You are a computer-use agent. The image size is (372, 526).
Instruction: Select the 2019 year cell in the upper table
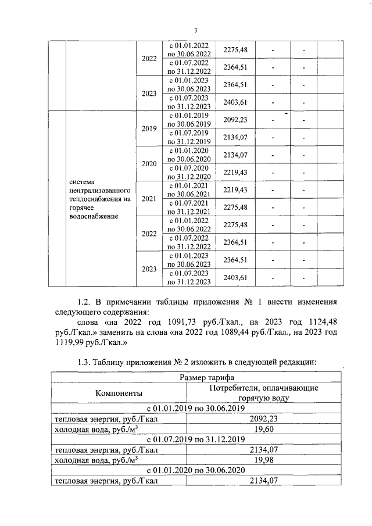coord(149,128)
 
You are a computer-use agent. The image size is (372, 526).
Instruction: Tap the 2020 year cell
coord(149,163)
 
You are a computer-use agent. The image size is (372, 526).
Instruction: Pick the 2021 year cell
coord(149,199)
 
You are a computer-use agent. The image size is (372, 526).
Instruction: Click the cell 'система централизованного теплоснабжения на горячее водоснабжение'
coord(99,199)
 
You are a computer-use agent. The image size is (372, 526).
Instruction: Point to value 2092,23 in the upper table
coord(235,120)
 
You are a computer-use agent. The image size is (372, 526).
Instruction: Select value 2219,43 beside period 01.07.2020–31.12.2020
coord(235,173)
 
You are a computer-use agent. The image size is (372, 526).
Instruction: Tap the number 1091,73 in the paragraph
coord(173,321)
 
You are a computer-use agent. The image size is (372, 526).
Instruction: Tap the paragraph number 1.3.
coord(85,362)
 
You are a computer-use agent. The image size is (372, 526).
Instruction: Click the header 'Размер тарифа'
coord(196,377)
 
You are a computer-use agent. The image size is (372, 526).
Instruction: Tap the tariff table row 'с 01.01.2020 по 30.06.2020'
coord(196,470)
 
